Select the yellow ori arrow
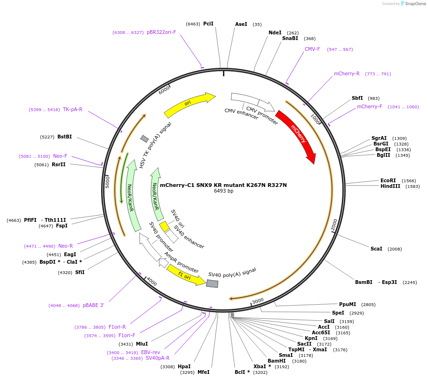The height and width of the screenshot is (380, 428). point(188,105)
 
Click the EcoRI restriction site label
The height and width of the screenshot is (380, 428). point(388,180)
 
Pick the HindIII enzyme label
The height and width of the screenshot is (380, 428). point(390,186)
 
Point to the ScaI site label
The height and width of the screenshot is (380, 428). point(376,249)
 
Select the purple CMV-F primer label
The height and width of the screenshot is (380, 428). point(312,49)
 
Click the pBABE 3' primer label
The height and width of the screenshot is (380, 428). point(94,305)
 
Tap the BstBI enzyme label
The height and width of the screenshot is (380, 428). point(64,137)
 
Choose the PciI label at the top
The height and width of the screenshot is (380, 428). point(208,24)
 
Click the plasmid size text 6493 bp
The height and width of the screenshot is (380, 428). point(223,191)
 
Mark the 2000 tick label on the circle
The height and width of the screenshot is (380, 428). point(334,225)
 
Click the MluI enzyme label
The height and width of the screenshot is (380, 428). point(142,344)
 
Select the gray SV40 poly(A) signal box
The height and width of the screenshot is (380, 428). point(213,283)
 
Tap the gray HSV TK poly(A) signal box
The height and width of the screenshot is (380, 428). point(145,138)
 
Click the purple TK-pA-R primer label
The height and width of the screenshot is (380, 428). point(72,109)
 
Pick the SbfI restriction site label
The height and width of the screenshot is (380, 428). point(357,98)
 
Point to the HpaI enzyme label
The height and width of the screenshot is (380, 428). point(184,366)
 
